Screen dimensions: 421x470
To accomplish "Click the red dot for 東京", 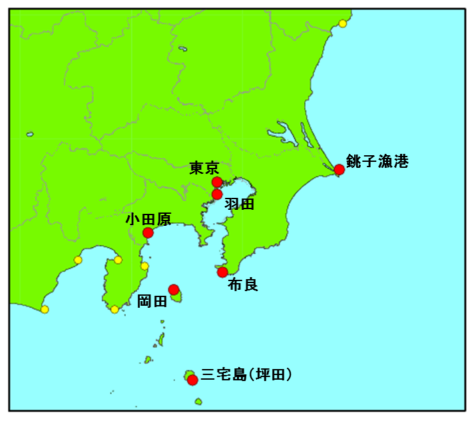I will [x=216, y=182].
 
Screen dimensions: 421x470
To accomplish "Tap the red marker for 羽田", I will [x=216, y=195].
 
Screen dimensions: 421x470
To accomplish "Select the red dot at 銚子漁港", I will [x=339, y=169].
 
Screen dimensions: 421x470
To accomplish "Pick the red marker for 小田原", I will [x=148, y=233].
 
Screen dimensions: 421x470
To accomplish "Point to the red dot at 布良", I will [x=222, y=272].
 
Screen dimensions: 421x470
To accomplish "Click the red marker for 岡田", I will [x=174, y=290].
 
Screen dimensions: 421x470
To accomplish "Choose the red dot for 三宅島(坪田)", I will [x=192, y=380].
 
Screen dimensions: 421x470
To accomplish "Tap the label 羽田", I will [x=239, y=205].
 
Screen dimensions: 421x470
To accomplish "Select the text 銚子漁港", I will [x=377, y=162].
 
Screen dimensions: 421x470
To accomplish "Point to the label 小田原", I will [x=148, y=219].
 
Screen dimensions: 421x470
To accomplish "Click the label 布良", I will [x=242, y=285].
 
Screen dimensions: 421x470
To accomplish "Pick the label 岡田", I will [x=152, y=302].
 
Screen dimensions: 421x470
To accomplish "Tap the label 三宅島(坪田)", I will [x=247, y=375].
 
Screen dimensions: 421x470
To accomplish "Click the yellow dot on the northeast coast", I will [x=342, y=24].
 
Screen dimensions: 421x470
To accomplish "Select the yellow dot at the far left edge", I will [x=45, y=309].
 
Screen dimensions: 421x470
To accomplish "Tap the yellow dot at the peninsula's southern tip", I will [x=115, y=309].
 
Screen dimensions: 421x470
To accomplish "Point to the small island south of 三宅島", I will [x=198, y=401].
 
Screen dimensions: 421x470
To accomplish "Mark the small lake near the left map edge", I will [x=30, y=134].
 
